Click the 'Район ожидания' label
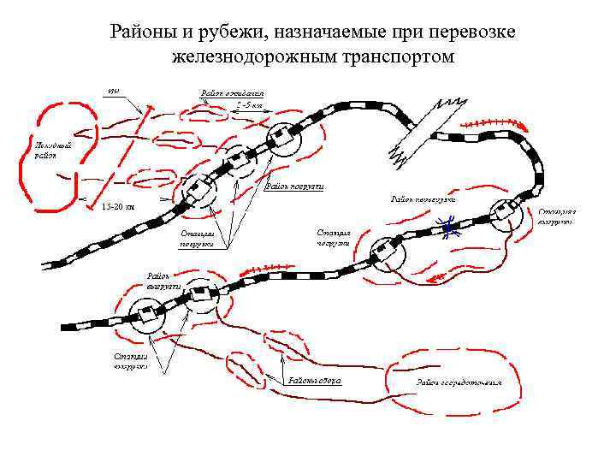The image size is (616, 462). point(234,92)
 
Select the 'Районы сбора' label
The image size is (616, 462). point(315,379)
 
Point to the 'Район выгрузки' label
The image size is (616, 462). point(163,281)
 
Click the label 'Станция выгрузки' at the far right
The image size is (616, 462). point(556,216)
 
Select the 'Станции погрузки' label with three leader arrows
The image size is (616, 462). point(196,237)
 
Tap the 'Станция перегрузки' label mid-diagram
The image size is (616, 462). point(334,237)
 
